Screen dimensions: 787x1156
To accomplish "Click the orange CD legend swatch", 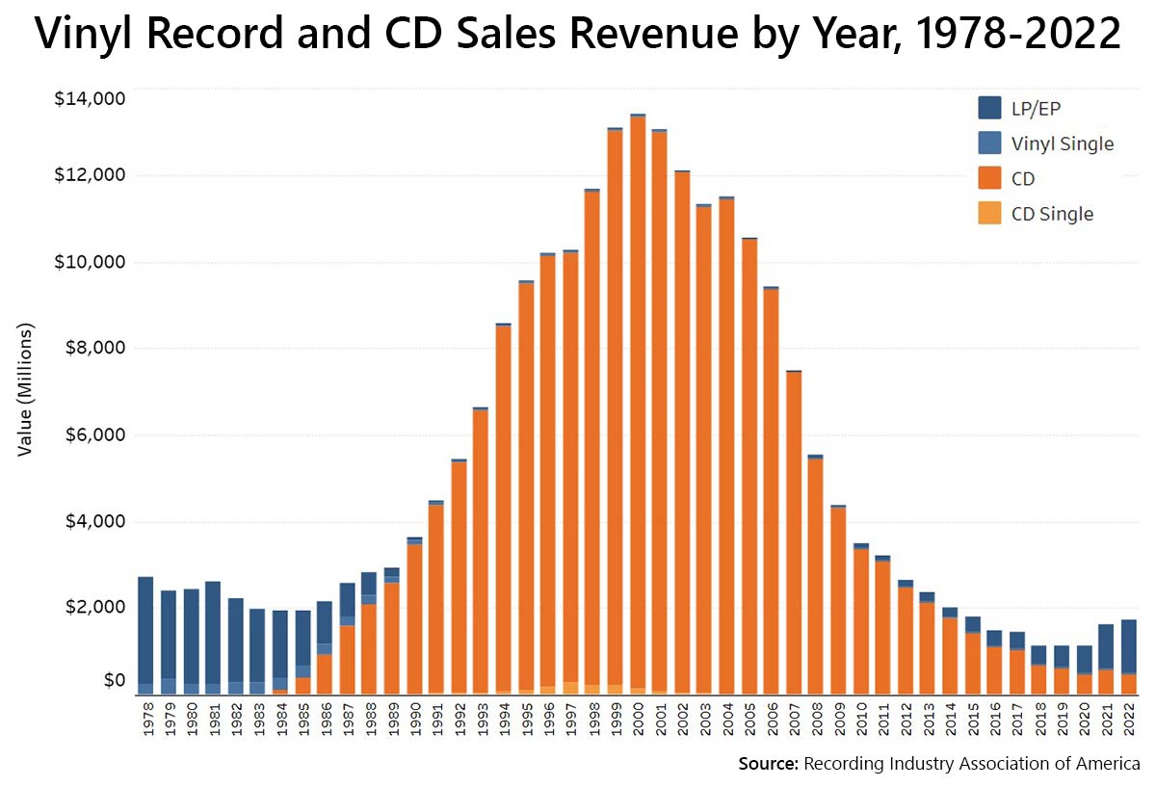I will (989, 178).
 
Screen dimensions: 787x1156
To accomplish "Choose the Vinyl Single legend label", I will (1062, 144).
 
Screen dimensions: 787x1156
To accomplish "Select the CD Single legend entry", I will (1051, 214).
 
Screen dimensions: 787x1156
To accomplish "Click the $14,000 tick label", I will (90, 98).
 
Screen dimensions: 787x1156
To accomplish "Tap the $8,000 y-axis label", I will (93, 348).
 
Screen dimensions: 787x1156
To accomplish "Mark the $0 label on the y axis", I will (114, 681).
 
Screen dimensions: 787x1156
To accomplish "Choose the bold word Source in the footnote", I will (768, 764).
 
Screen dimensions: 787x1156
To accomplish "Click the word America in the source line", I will (1108, 764).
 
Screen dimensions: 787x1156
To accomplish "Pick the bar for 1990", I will (414, 616).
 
